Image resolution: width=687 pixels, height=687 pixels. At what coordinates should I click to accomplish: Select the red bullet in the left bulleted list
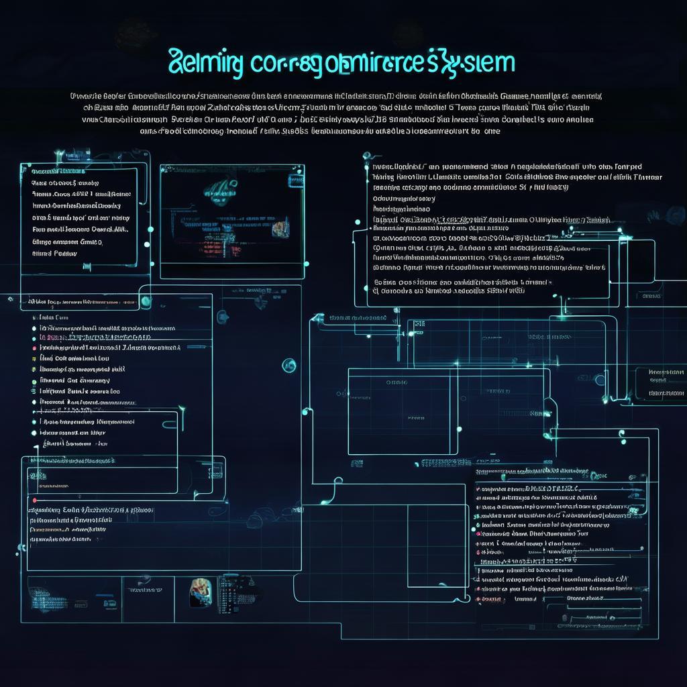pos(34,348)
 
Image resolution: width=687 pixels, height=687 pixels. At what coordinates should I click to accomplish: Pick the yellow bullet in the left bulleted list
pos(34,359)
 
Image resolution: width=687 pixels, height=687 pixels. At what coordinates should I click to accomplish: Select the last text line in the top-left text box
pos(55,254)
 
